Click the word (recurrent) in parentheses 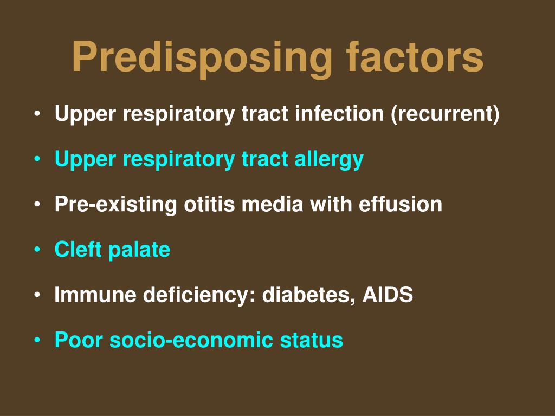445,114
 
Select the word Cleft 78,250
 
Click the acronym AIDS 388,295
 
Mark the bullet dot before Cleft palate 36,250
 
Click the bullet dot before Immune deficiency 36,296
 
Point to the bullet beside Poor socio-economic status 36,341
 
